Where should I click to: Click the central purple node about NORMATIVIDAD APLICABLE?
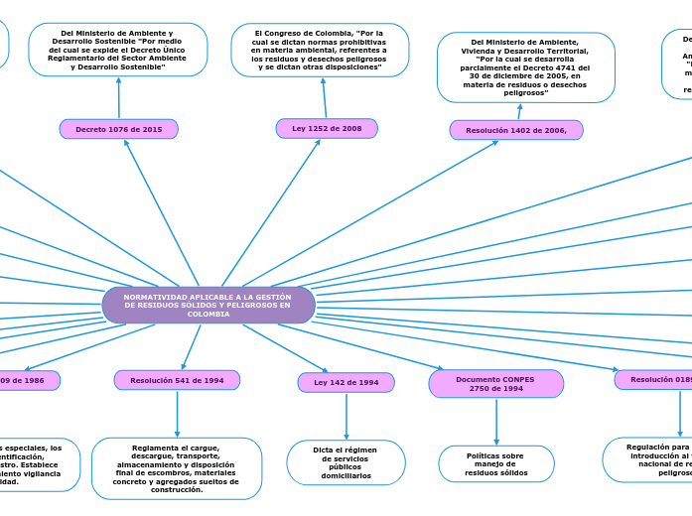(208, 305)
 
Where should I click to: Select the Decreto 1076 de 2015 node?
(119, 129)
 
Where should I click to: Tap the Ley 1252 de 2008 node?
(327, 128)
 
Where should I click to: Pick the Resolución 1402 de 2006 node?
(516, 130)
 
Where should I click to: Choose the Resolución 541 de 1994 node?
(177, 380)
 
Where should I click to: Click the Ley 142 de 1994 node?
(346, 382)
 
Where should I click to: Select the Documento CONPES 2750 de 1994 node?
(495, 384)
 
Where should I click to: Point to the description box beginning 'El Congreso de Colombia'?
(320, 50)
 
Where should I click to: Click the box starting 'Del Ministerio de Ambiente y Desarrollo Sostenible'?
(117, 50)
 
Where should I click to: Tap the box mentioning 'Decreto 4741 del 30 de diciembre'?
(525, 66)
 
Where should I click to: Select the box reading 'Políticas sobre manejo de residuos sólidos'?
(496, 463)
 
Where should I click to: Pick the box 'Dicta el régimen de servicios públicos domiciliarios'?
(346, 462)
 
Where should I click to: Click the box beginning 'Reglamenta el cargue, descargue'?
(177, 468)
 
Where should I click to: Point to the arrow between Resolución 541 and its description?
(177, 414)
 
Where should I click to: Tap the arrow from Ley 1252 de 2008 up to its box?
(324, 97)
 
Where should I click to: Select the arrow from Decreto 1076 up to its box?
(118, 97)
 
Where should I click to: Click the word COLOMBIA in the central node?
(208, 314)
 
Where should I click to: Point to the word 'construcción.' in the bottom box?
(177, 490)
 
